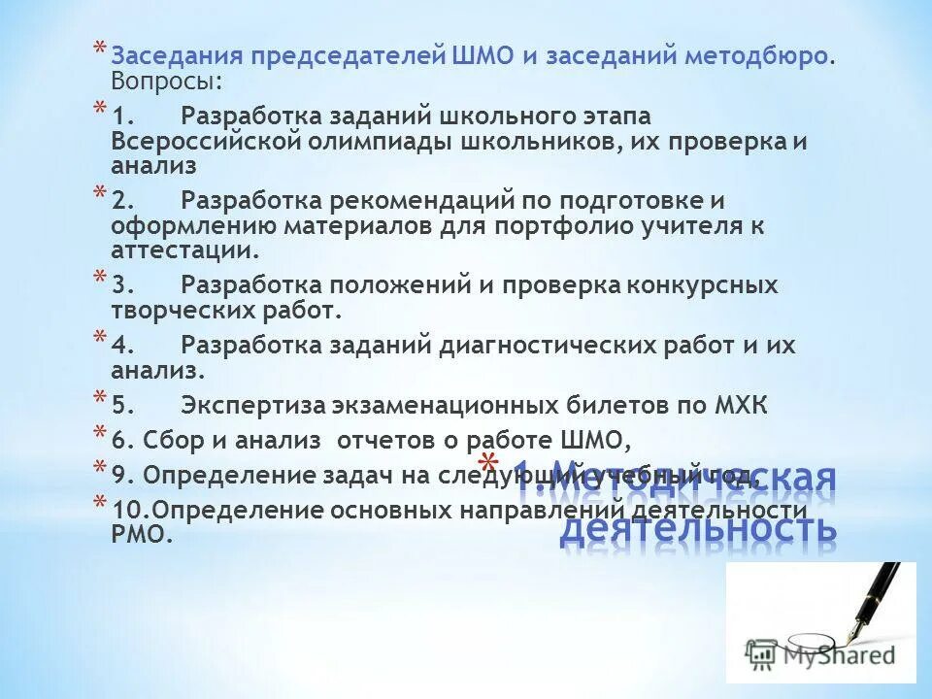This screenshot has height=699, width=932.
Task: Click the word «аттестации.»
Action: click(185, 250)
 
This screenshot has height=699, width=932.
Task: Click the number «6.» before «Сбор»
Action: click(123, 441)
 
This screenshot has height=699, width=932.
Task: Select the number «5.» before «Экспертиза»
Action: click(123, 405)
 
